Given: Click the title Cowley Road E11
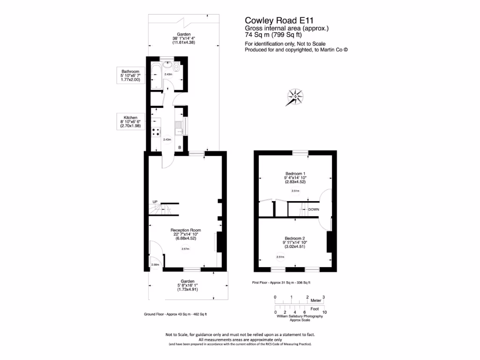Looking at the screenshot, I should (x=279, y=21).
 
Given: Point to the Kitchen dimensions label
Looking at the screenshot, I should (x=130, y=121).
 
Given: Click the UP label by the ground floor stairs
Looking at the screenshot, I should (x=155, y=202).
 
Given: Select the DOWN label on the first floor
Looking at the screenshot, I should (x=314, y=210).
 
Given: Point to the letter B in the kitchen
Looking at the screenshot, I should (x=179, y=148).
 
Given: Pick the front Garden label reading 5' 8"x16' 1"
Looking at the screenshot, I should (x=186, y=285).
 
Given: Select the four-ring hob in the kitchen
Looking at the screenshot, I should (x=155, y=132).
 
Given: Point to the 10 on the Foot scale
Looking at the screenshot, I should (x=324, y=312).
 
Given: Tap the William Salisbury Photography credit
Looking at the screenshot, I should (x=300, y=317).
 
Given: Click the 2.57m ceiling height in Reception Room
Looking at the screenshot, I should (x=186, y=249).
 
